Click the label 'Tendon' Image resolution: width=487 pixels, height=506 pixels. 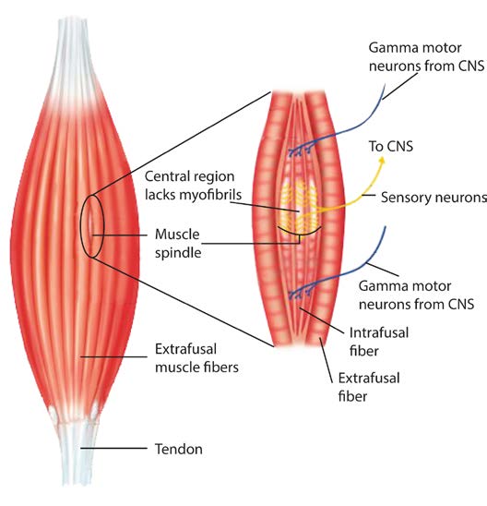179,449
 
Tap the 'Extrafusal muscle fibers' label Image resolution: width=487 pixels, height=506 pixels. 196,358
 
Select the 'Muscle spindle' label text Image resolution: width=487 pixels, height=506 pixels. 178,243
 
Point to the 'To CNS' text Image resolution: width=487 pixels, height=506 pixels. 391,146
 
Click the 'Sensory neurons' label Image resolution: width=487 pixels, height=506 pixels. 434,198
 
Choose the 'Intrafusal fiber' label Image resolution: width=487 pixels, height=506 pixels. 379,342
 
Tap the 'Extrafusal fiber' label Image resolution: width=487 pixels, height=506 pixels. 369,387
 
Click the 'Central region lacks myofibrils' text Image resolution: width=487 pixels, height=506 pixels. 193,186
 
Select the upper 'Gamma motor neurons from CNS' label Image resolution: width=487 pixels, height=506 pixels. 426,57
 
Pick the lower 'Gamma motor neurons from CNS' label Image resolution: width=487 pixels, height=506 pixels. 416,295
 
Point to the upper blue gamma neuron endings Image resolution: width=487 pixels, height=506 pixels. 301,151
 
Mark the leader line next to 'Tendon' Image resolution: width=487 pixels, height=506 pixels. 113,448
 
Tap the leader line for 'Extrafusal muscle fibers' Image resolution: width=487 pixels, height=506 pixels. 113,356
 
